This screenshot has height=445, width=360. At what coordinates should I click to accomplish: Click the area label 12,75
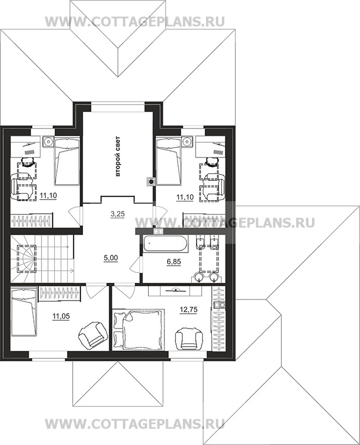pos(188,309)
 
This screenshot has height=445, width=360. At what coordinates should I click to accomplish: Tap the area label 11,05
pos(61,316)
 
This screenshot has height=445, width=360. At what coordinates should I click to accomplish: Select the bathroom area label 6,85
pos(173,262)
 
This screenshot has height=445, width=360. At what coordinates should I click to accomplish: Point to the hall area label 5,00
pos(111,258)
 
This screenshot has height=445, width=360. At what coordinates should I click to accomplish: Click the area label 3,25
pos(117,214)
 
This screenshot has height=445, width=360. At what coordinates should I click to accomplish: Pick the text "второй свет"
pos(118,156)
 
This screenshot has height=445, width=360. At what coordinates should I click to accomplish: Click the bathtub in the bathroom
pos(165,243)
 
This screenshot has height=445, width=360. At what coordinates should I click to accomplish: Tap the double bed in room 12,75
pos(139,329)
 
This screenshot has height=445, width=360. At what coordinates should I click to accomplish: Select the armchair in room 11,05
pos(93,335)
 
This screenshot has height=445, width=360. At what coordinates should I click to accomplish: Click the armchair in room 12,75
pos(189,338)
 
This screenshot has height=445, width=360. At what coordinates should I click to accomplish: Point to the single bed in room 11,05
pos(24,311)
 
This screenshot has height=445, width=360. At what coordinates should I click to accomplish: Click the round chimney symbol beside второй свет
pos(151,181)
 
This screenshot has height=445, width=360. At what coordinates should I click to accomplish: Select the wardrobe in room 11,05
pos(60,294)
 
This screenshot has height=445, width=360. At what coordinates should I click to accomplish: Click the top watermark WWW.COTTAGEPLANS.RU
pos(135,21)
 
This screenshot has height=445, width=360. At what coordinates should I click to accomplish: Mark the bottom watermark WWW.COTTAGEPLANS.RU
pos(135,424)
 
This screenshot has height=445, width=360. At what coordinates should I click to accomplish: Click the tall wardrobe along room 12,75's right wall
pos(219,319)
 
